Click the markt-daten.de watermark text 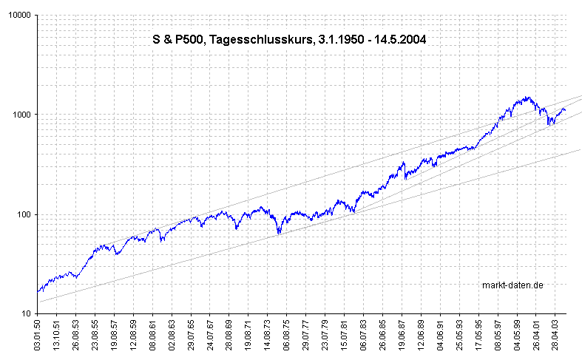512,285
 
